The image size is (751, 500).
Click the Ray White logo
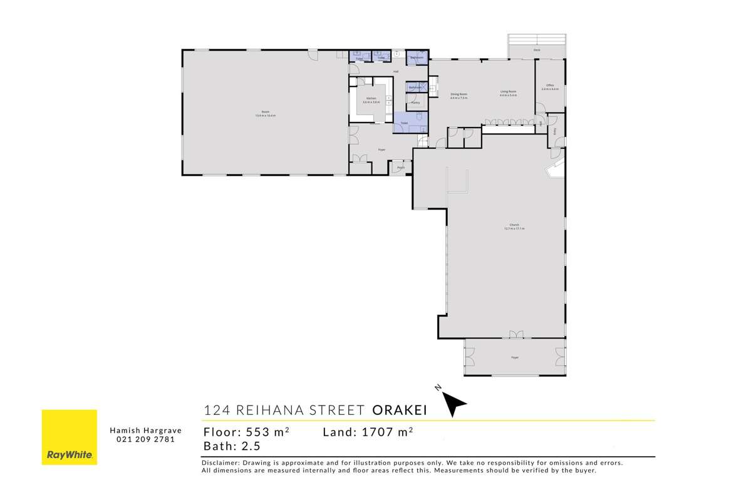click(x=69, y=437)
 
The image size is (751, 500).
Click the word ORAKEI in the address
click(x=399, y=411)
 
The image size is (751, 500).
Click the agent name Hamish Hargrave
click(x=145, y=431)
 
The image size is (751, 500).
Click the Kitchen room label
click(x=371, y=99)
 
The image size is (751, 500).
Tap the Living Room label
click(x=508, y=92)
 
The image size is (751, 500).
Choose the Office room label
click(x=550, y=85)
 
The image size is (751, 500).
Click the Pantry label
click(x=415, y=102)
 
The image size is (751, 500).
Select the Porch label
click(x=400, y=168)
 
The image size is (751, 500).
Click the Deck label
click(x=537, y=49)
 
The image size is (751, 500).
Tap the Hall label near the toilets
click(x=396, y=71)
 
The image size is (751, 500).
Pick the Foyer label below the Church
click(x=515, y=357)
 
